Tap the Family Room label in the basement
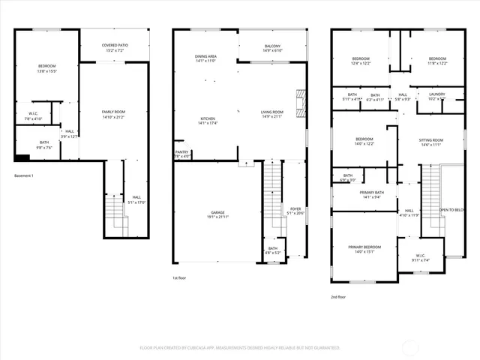[113, 114]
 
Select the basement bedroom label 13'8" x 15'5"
[47, 69]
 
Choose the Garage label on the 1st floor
[217, 215]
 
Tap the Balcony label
[272, 48]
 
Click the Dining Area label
[205, 58]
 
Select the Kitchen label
[208, 120]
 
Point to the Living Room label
[272, 114]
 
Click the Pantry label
[181, 154]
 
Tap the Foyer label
[295, 211]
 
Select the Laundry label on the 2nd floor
[436, 96]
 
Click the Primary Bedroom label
[364, 249]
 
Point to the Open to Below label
[451, 211]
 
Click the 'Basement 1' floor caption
[25, 175]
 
